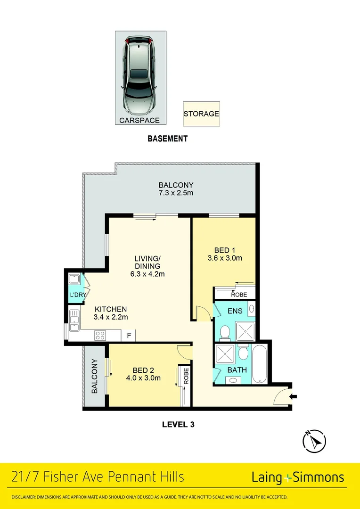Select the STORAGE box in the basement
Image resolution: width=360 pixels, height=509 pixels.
(x=201, y=114)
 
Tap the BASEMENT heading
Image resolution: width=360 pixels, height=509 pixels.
(x=167, y=139)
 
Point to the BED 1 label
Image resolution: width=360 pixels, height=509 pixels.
(x=225, y=250)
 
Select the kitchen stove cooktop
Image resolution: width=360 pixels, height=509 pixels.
(x=100, y=336)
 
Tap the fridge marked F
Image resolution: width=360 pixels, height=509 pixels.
(x=129, y=336)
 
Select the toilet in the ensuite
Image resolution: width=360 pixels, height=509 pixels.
(x=225, y=332)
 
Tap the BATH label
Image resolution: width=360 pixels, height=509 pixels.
(x=237, y=370)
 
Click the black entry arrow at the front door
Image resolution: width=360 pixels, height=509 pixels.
(x=293, y=397)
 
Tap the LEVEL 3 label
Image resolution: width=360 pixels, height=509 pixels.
(x=178, y=424)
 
